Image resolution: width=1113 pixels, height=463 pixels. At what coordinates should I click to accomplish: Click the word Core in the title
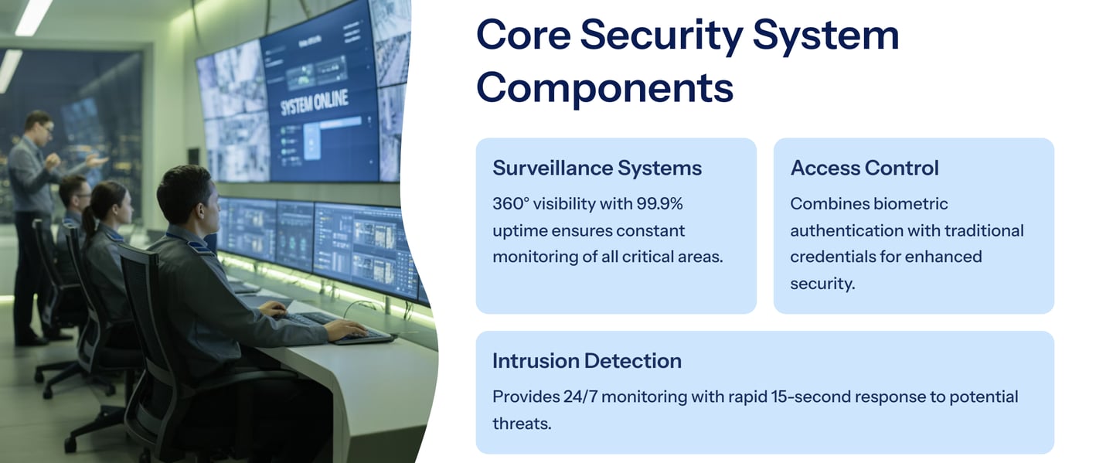coord(523,35)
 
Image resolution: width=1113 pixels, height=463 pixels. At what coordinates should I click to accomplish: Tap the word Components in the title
coord(604,88)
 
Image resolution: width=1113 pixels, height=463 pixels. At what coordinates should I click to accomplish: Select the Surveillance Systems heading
coord(597,168)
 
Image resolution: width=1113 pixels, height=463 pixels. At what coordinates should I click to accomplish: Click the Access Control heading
coord(864,168)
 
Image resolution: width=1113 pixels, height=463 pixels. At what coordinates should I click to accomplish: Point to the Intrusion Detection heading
coord(587,361)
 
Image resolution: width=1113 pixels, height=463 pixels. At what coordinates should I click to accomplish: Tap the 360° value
coord(512,204)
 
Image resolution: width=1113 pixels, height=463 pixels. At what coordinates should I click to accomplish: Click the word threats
coord(522,424)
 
